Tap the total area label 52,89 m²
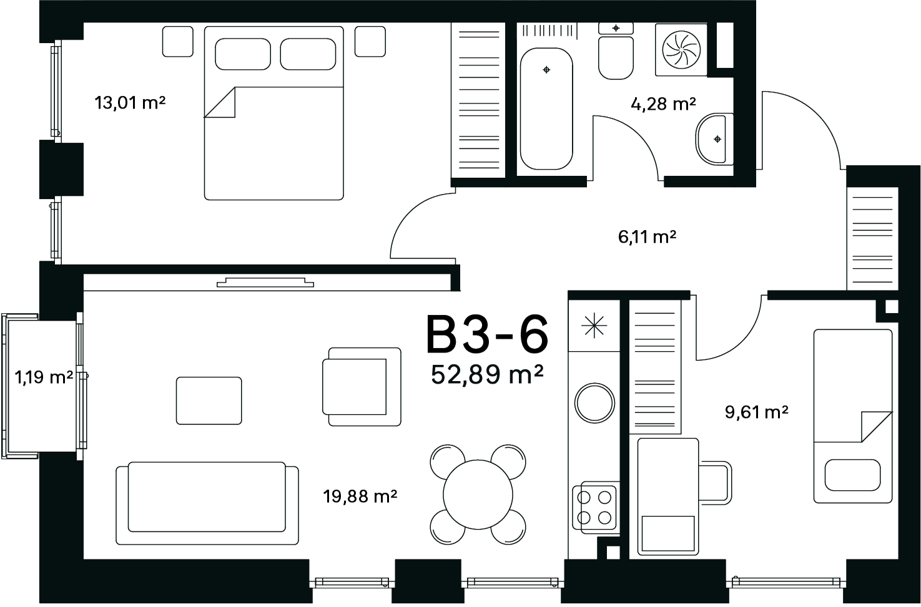[487, 374]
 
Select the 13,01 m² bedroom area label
[130, 102]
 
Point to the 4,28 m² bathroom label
[663, 104]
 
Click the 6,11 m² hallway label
[647, 236]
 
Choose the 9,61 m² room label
[757, 412]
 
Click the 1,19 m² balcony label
[44, 377]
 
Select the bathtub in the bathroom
[546, 109]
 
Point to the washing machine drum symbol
[681, 50]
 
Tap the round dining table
[478, 495]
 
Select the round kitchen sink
[594, 403]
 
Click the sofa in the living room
[207, 503]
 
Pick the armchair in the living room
[362, 386]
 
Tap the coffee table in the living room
[209, 401]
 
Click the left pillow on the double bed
[243, 54]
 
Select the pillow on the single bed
[852, 475]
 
